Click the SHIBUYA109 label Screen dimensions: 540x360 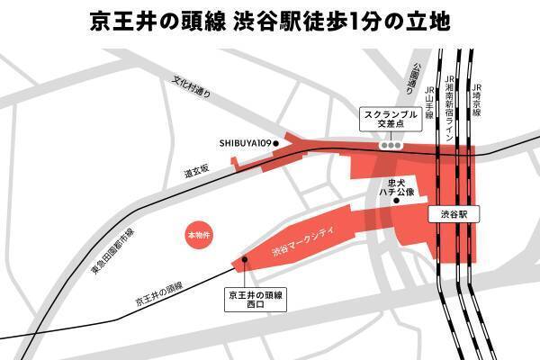(244, 142)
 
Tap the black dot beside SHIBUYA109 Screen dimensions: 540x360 (277, 142)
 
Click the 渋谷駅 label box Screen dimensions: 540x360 (454, 215)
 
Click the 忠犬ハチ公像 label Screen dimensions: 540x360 (396, 186)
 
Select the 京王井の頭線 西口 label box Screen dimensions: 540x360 (256, 299)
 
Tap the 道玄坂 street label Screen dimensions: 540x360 (196, 168)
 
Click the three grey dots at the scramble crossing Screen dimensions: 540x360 (390, 145)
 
